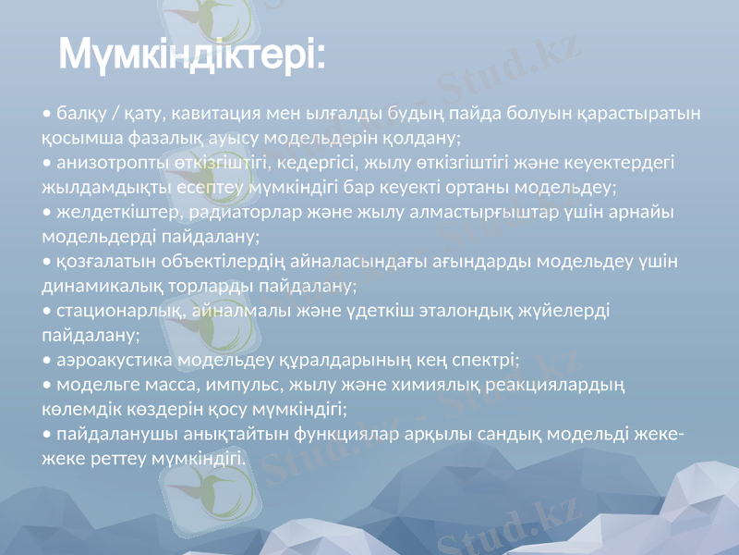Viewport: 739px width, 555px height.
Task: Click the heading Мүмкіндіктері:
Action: tap(192, 55)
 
